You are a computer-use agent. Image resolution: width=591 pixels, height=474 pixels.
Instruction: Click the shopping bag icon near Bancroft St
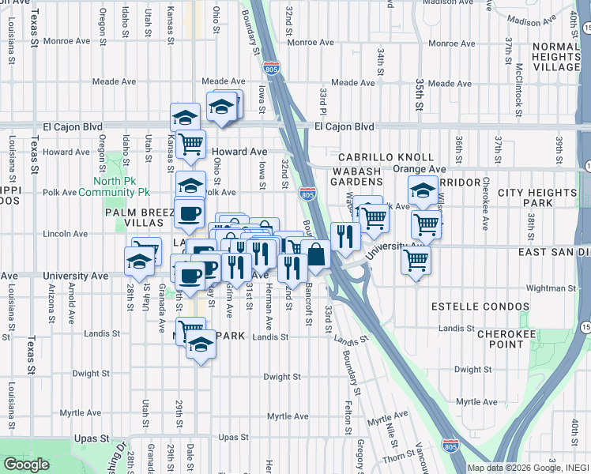point(315,254)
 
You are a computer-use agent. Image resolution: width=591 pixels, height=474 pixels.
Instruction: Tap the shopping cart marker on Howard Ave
point(190,145)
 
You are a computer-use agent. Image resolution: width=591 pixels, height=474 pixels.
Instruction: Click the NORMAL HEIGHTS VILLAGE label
point(556,57)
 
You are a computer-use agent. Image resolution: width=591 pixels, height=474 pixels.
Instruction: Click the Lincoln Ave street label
point(65,234)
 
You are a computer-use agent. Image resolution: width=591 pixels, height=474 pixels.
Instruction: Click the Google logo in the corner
point(26,465)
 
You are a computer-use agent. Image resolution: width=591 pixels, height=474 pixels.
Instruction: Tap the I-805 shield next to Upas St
point(450,446)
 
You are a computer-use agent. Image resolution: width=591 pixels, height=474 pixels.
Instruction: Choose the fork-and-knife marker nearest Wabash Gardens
point(345,235)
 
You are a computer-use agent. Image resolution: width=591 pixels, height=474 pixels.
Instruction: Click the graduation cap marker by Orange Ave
point(423,190)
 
